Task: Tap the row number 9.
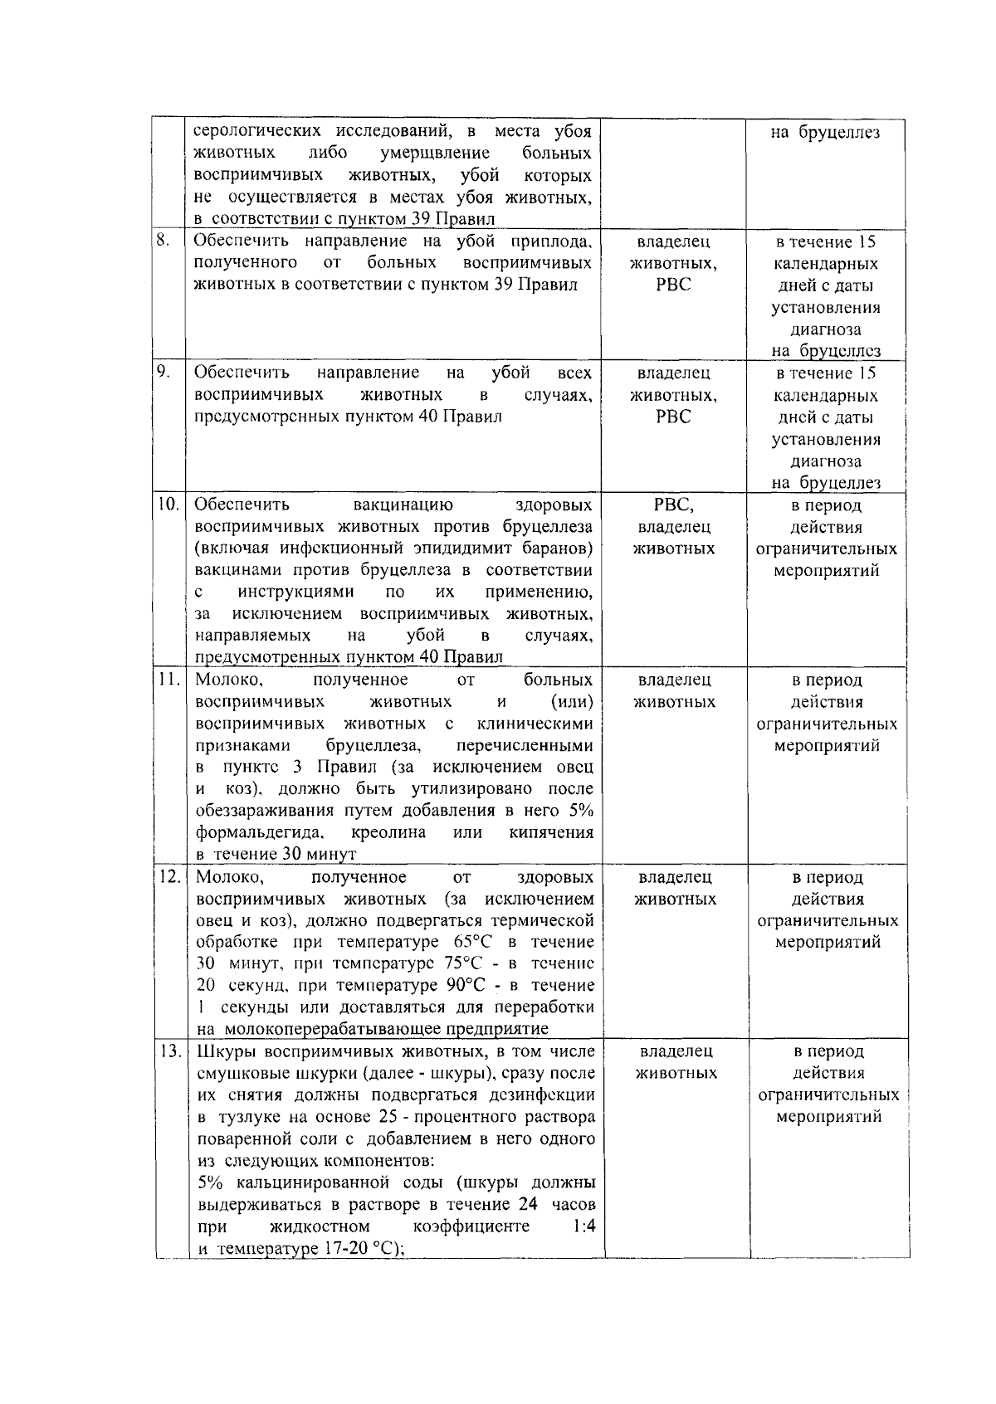pos(163,373)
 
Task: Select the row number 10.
pos(168,505)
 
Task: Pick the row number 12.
pos(169,876)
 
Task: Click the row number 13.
pos(170,1051)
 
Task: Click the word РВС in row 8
pos(673,285)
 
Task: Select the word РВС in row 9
pos(673,417)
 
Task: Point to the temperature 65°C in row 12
pos(475,942)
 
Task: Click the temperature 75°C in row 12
pos(475,963)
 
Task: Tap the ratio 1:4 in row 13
pos(584,1226)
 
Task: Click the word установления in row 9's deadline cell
pos(826,439)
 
